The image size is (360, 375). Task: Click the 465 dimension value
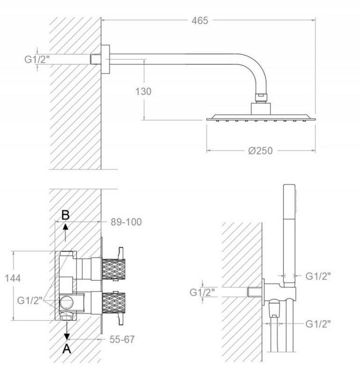[200, 21]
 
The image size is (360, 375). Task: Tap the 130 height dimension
[143, 91]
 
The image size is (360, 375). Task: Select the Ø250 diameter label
[260, 150]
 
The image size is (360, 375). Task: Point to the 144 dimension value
[13, 278]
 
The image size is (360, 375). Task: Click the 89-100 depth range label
[126, 222]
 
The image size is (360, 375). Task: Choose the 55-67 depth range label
[122, 339]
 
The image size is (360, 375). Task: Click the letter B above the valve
[66, 215]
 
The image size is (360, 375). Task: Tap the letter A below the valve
[66, 349]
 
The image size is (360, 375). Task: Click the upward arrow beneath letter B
[66, 232]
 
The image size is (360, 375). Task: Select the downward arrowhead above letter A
[67, 336]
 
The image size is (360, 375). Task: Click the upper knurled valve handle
[113, 269]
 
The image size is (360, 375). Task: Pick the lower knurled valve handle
[113, 302]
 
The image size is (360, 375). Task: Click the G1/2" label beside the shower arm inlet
[37, 59]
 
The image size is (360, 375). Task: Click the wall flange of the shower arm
[105, 59]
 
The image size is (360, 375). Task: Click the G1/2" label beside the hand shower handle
[318, 276]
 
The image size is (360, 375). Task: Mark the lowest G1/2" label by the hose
[318, 324]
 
